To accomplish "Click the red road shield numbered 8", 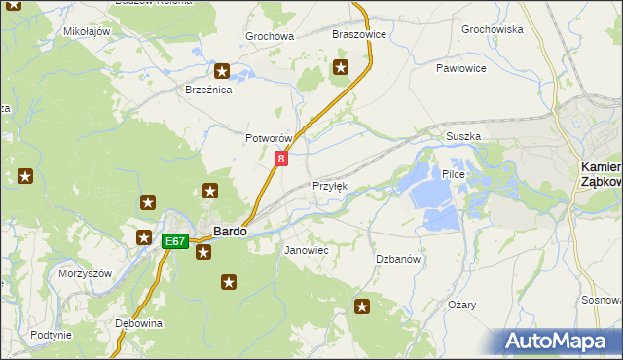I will pos(281,158).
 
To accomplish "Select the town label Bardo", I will pos(230,232).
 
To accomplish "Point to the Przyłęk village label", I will pos(329,186).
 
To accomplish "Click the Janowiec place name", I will pos(306,250).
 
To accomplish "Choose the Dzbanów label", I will pos(398,259).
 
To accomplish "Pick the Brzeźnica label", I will pos(207,90).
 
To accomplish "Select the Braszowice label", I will pos(359,34).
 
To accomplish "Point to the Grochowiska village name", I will pos(493,30).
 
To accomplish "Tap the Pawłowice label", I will pos(460,69).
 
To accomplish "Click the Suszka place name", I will pos(463,137).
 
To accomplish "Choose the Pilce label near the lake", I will pos(454,174).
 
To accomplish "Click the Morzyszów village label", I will pos(86,273).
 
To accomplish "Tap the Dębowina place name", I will pos(137,323).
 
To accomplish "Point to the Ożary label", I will pos(462,305).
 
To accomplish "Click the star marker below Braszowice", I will pos(341,67).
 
